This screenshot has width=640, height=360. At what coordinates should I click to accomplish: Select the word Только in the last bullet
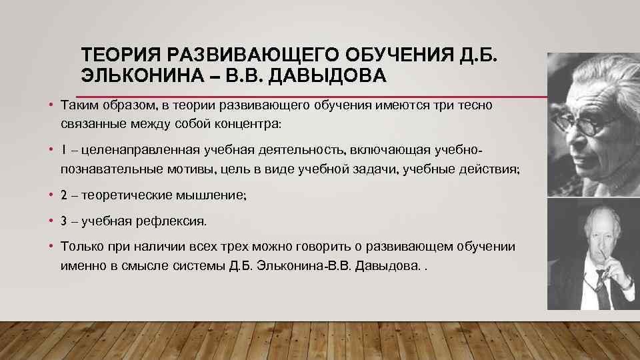tap(81, 246)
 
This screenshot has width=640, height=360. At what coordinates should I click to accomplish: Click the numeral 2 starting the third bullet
tap(64, 195)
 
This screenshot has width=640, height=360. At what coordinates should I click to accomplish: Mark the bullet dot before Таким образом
tap(51, 105)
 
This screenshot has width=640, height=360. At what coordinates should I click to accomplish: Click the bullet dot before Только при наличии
tap(51, 246)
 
